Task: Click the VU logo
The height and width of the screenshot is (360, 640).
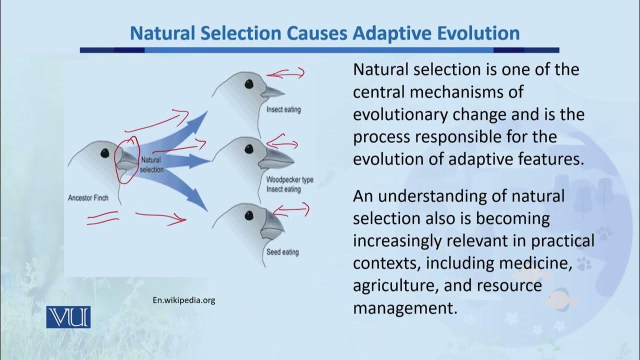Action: [68, 317]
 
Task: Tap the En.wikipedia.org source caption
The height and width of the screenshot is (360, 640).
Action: [183, 300]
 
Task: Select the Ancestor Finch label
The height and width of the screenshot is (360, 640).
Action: [88, 198]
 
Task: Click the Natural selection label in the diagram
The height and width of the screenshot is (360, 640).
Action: [151, 165]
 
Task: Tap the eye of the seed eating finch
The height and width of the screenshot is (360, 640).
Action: [248, 215]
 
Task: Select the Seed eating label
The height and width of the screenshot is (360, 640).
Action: [282, 252]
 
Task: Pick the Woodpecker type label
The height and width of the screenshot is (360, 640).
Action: [289, 179]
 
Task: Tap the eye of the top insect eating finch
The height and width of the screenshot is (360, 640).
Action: [248, 84]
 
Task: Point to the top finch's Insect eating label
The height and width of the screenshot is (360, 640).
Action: [283, 109]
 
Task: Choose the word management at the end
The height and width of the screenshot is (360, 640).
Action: [405, 307]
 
